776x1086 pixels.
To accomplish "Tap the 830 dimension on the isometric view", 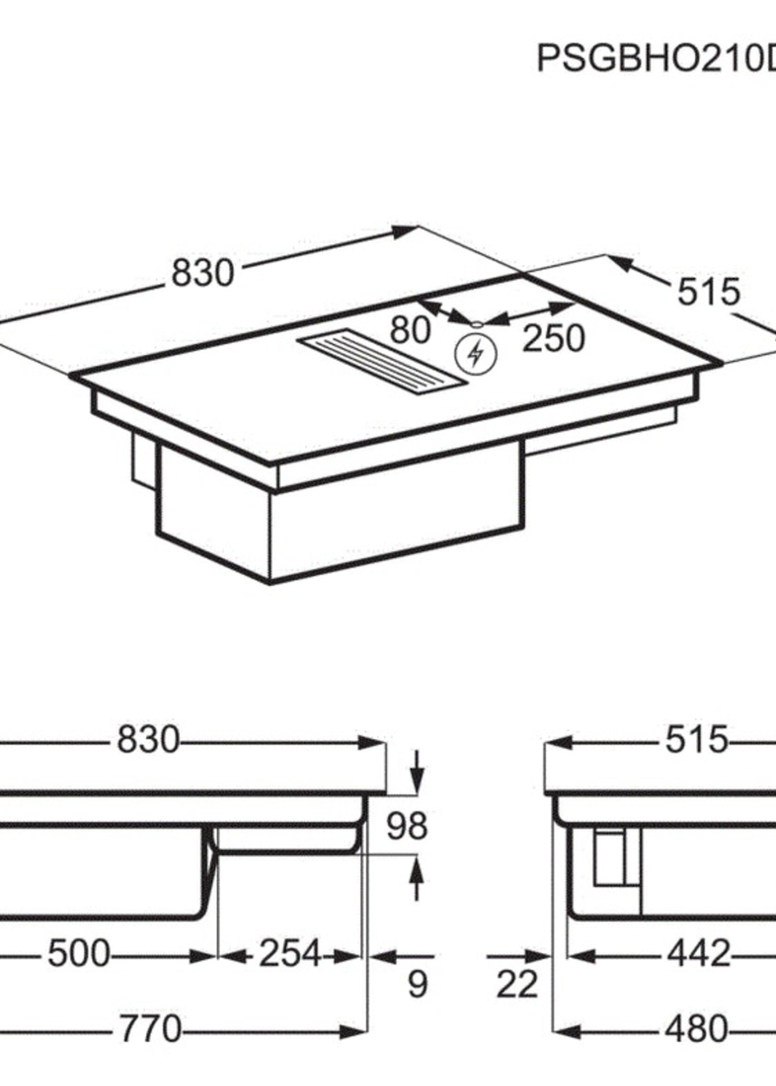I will pyautogui.click(x=202, y=274).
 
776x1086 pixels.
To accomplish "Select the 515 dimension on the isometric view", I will pyautogui.click(x=709, y=292).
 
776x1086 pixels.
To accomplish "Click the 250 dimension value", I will pyautogui.click(x=553, y=338).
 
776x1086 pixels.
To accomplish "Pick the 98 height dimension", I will pyautogui.click(x=407, y=827).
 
